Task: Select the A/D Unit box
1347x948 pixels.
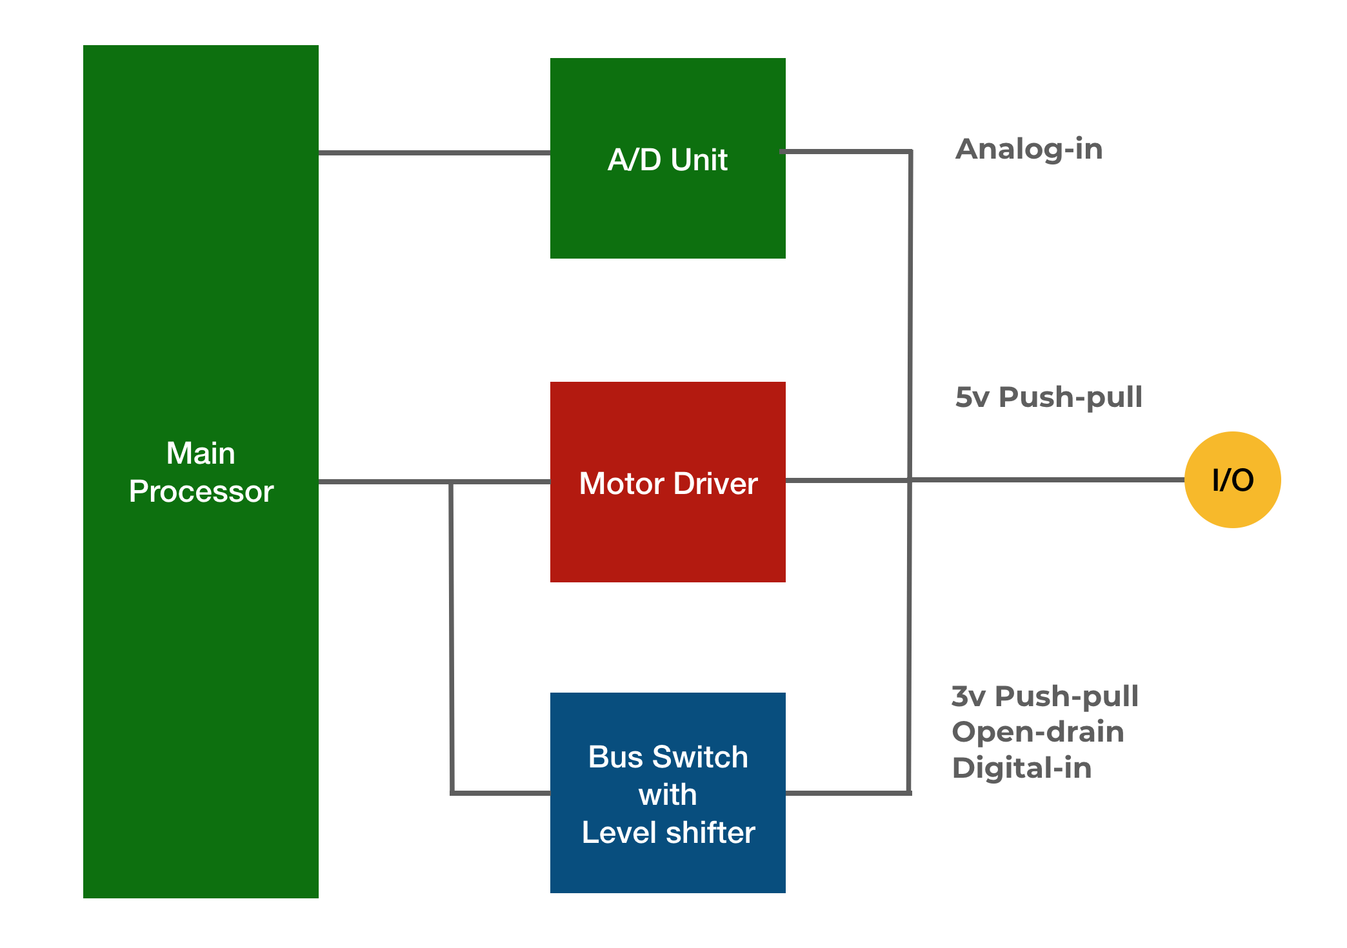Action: pyautogui.click(x=668, y=206)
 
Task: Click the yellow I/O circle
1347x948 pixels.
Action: pyautogui.click(x=1232, y=480)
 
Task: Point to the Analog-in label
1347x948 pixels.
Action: pyautogui.click(x=1029, y=150)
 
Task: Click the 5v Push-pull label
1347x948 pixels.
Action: pyautogui.click(x=1048, y=397)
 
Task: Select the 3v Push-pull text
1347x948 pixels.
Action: pyautogui.click(x=1045, y=696)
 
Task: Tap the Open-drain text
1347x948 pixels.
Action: pyautogui.click(x=1038, y=732)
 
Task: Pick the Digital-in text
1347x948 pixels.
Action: pyautogui.click(x=1022, y=768)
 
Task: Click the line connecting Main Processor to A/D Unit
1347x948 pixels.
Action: pyautogui.click(x=434, y=153)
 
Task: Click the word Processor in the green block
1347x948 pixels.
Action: pyautogui.click(x=201, y=491)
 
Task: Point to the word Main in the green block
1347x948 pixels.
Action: pyautogui.click(x=201, y=453)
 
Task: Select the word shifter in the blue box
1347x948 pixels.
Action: pyautogui.click(x=710, y=833)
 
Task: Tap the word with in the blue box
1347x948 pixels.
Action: pyautogui.click(x=668, y=795)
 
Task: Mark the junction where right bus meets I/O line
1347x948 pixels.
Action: pyautogui.click(x=910, y=480)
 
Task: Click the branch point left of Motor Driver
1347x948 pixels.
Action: pyautogui.click(x=451, y=482)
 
